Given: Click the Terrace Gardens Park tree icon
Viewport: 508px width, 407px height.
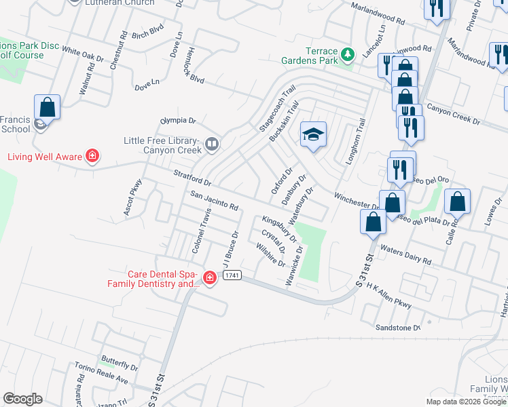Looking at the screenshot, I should point(348,54).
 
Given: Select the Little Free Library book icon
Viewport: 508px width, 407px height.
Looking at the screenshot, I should point(213,144).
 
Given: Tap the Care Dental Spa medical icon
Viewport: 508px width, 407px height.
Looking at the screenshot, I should point(210,277).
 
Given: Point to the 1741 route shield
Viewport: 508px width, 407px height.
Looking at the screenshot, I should point(232,275).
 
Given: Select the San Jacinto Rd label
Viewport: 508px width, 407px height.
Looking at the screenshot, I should point(214,201).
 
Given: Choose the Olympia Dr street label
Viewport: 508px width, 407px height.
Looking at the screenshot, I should point(177,121).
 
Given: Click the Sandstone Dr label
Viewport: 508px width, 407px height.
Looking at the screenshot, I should point(398,328).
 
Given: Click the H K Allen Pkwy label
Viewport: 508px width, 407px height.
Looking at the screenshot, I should point(389,296).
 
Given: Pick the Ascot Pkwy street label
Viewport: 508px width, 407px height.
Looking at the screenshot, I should point(132,197).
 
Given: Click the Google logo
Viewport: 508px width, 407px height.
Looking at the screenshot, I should point(22,399).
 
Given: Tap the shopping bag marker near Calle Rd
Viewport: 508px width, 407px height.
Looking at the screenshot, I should point(458,202).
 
